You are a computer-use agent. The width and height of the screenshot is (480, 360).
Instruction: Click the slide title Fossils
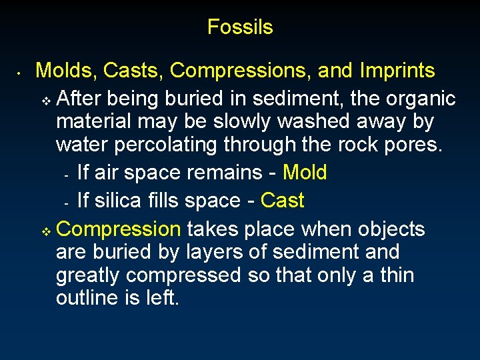click(240, 27)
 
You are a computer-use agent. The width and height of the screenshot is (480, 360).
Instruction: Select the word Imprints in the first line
click(397, 71)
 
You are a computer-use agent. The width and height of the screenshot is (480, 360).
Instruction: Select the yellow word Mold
click(305, 173)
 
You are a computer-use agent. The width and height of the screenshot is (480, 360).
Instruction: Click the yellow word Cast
click(282, 201)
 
